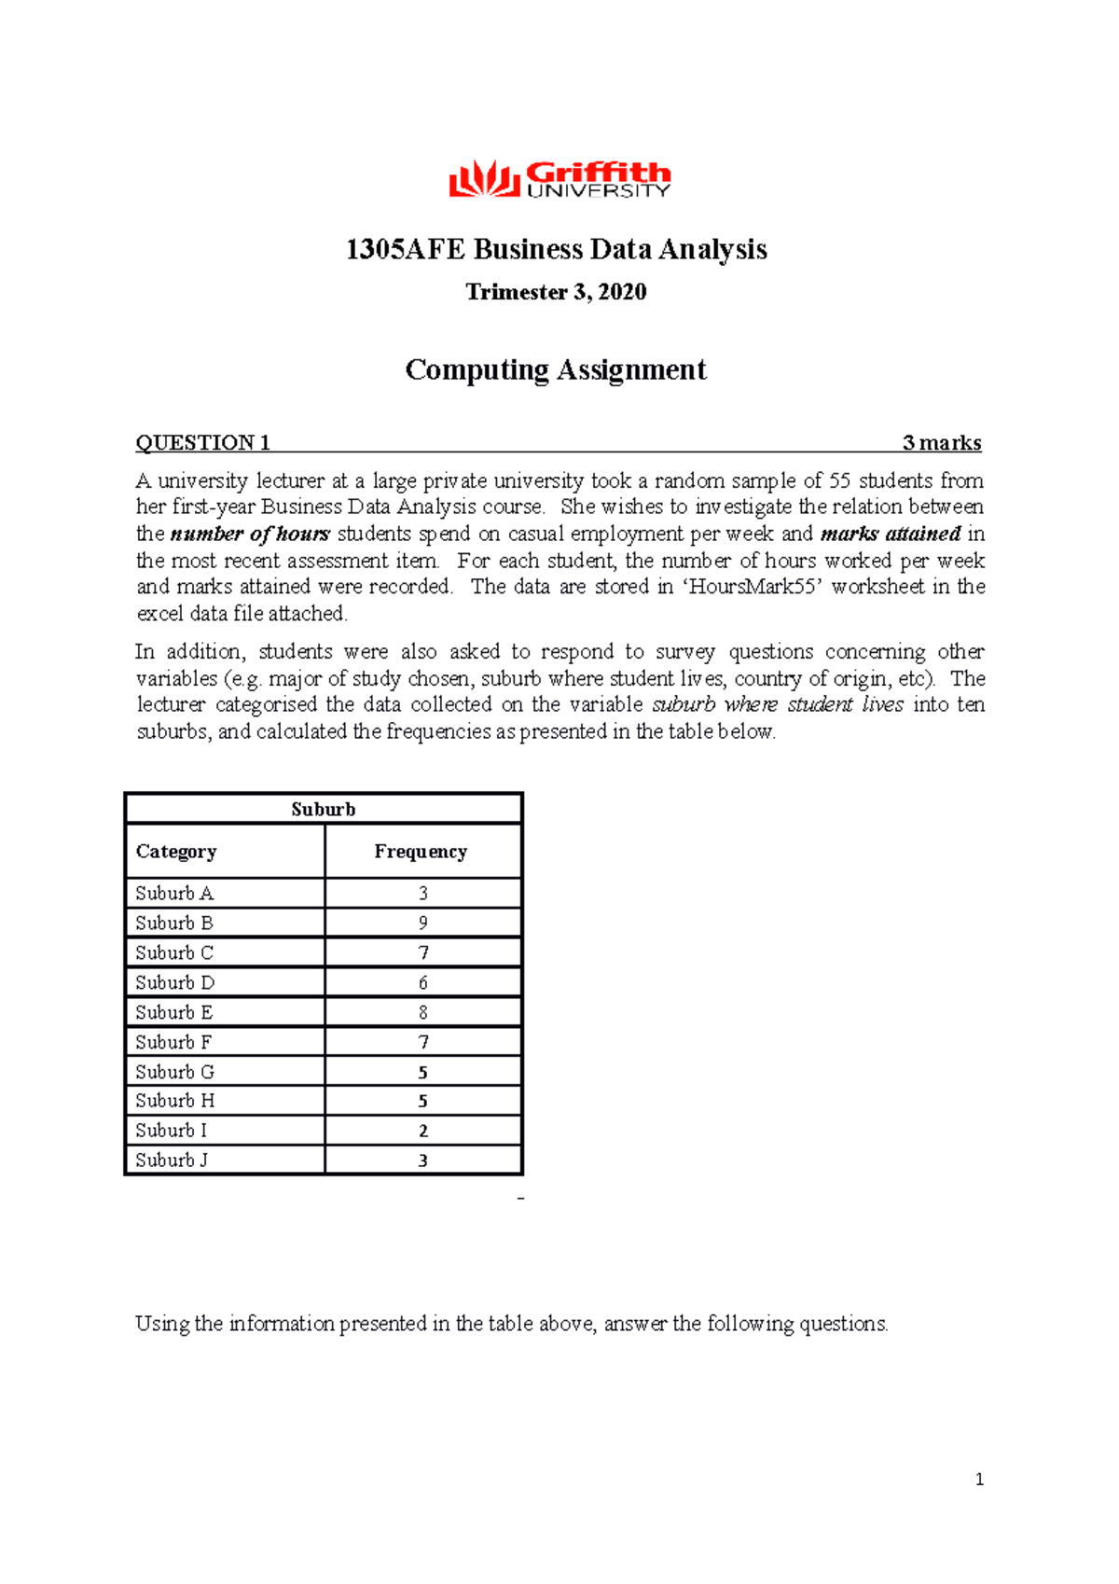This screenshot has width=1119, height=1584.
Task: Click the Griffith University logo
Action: pos(559,179)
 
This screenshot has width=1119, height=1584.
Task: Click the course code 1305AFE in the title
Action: pos(405,250)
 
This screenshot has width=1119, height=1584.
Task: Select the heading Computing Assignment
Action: pos(556,370)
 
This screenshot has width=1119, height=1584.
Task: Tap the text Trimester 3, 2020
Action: pos(556,293)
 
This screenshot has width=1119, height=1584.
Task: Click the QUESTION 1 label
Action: pos(202,443)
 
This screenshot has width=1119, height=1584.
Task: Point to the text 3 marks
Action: pos(942,443)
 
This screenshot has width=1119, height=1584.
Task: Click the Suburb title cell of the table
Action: pos(323,810)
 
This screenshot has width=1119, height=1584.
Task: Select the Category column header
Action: pos(176,852)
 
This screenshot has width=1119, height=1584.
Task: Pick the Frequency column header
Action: pos(421,852)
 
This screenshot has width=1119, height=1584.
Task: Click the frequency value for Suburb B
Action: pos(423,924)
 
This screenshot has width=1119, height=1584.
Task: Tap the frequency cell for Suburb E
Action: pos(423,1013)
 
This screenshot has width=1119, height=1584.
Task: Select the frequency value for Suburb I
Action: pos(423,1132)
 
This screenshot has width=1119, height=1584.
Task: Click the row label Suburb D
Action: pos(175,983)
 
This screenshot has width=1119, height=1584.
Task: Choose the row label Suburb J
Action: pos(172,1160)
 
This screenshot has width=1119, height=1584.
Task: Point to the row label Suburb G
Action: pos(175,1073)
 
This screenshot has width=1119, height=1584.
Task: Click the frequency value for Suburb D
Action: pos(423,983)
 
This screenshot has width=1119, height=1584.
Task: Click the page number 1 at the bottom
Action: pos(979,1480)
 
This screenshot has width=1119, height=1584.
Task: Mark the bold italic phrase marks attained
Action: pos(891,535)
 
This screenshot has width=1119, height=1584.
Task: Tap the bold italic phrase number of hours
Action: pos(250,535)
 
